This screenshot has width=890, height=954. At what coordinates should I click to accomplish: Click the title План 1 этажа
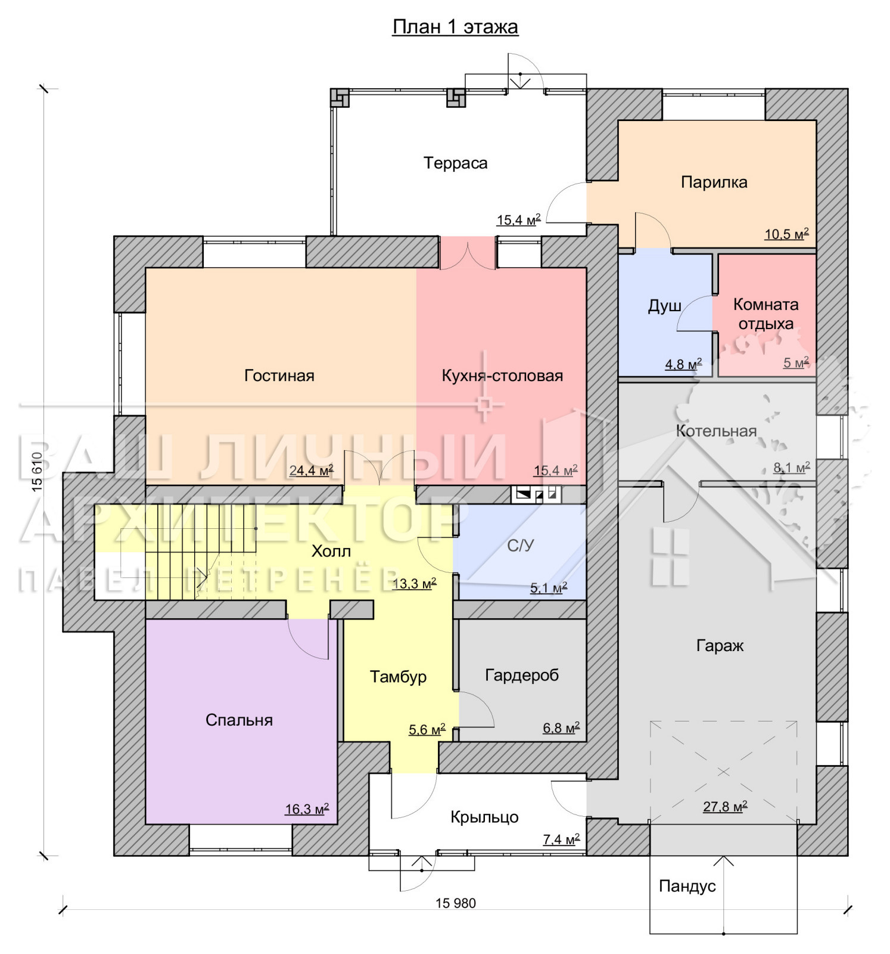tap(455, 27)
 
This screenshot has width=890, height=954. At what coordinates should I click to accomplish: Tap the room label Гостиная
tap(279, 376)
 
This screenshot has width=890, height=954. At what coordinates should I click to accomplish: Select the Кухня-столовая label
tap(502, 376)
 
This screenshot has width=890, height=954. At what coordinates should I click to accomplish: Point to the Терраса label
tap(456, 163)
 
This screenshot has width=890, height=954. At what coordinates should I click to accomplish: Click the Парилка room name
tap(714, 182)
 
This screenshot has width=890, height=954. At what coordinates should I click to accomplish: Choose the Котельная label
tap(716, 431)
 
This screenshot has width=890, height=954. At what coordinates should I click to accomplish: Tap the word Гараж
tap(720, 646)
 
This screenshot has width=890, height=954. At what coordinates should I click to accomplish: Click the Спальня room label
tap(239, 720)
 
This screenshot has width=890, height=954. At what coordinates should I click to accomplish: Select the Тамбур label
tap(398, 677)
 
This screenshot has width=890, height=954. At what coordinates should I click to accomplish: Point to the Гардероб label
tap(522, 676)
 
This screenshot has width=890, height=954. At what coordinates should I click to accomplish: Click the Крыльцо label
tap(484, 817)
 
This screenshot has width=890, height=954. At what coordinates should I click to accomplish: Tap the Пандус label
tap(687, 887)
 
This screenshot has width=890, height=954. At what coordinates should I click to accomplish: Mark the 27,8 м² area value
tap(725, 807)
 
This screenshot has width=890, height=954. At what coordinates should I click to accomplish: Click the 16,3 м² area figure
tap(307, 809)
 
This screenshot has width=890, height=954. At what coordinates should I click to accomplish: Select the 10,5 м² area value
tap(786, 234)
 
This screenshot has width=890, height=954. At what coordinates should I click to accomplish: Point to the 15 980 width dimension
tap(456, 903)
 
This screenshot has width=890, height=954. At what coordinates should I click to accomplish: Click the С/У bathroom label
tap(520, 546)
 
